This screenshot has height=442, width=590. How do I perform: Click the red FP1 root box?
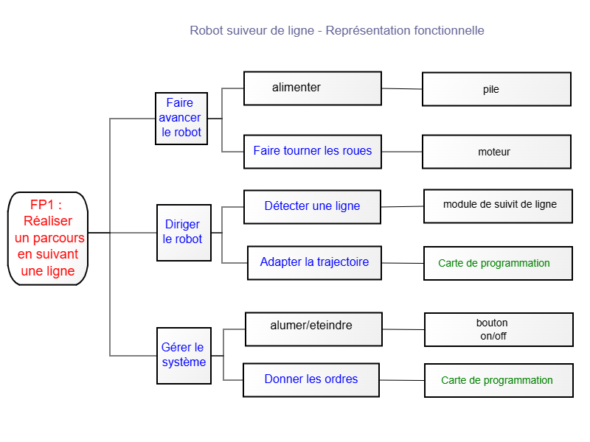(48, 238)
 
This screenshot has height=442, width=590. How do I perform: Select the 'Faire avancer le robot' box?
(181, 119)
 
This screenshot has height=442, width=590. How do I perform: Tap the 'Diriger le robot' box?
(184, 232)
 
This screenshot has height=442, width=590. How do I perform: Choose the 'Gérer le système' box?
(184, 356)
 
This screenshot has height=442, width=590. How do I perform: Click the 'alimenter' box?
(313, 88)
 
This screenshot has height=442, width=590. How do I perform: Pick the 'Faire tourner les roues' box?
(313, 152)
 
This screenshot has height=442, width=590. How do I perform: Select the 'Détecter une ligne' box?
(312, 207)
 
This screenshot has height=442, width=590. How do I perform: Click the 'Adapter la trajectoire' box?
(315, 263)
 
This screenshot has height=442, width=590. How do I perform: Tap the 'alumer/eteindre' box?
(314, 329)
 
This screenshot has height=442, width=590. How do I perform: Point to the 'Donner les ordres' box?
(311, 380)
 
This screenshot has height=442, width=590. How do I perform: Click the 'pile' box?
(496, 89)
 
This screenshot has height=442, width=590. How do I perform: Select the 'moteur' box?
(496, 152)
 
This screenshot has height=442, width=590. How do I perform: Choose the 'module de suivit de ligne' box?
(499, 206)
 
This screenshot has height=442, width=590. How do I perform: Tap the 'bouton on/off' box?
(499, 329)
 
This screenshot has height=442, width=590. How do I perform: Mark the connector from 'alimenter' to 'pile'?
(402, 88)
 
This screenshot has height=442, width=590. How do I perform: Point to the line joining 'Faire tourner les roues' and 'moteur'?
(402, 152)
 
